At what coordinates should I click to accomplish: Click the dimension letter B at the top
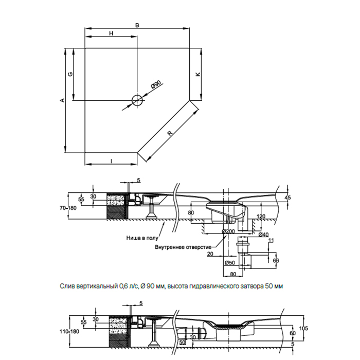click(137, 25)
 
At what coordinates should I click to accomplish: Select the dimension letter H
click(111, 33)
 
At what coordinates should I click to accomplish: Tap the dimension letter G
click(70, 74)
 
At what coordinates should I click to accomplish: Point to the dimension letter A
click(62, 100)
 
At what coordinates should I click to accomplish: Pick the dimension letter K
click(197, 74)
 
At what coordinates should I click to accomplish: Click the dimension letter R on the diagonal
click(169, 133)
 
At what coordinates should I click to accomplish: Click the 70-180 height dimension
click(68, 208)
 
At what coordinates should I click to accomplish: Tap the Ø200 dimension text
click(228, 231)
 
